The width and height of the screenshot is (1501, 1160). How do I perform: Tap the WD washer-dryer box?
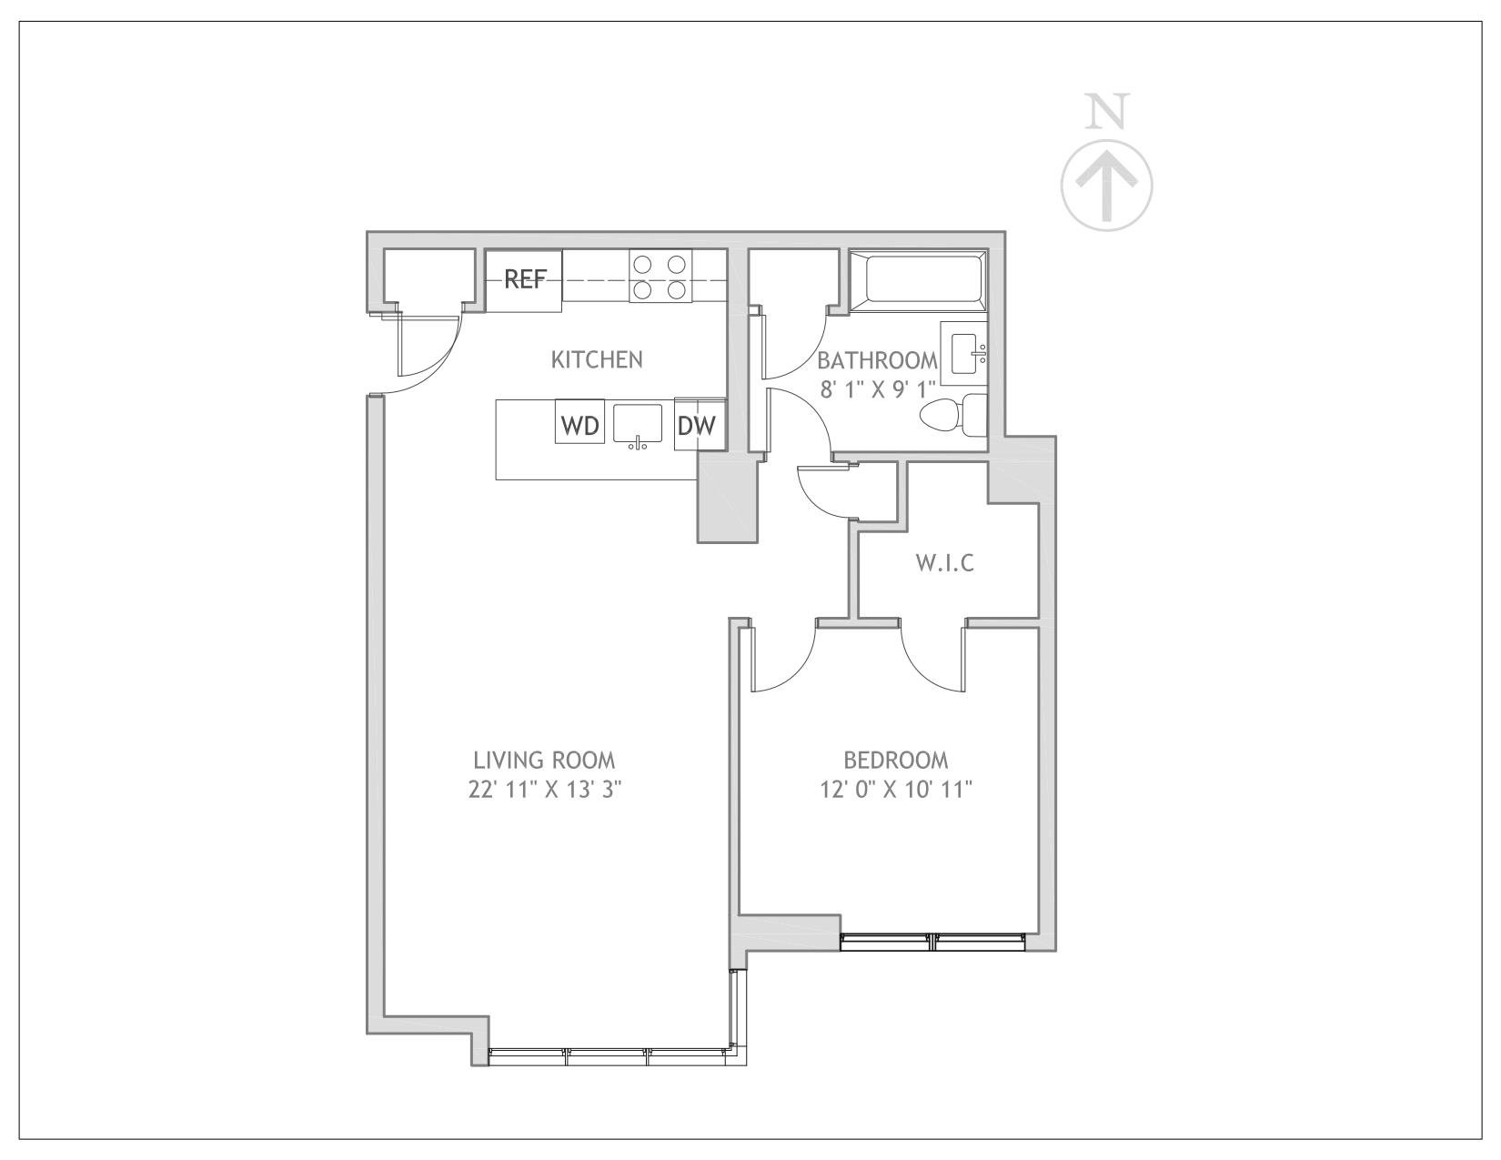pyautogui.click(x=579, y=425)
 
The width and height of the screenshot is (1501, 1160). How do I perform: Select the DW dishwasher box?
pyautogui.click(x=697, y=425)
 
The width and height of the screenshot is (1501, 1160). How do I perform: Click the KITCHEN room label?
pyautogui.click(x=597, y=359)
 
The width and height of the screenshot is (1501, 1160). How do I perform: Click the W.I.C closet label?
pyautogui.click(x=944, y=563)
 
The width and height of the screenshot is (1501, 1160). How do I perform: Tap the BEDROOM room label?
pyautogui.click(x=895, y=760)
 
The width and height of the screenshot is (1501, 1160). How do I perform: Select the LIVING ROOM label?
pyautogui.click(x=544, y=760)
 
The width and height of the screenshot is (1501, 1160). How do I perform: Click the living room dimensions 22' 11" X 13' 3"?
pyautogui.click(x=544, y=789)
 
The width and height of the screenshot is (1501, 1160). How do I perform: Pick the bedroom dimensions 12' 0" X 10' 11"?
pyautogui.click(x=895, y=789)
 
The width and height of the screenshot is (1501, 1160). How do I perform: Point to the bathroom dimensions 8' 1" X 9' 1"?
pyautogui.click(x=878, y=390)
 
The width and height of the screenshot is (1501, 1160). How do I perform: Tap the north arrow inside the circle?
pyautogui.click(x=1107, y=186)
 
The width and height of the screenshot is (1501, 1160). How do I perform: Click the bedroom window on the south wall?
pyautogui.click(x=934, y=942)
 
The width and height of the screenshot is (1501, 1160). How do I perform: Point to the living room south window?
pyautogui.click(x=609, y=1056)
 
